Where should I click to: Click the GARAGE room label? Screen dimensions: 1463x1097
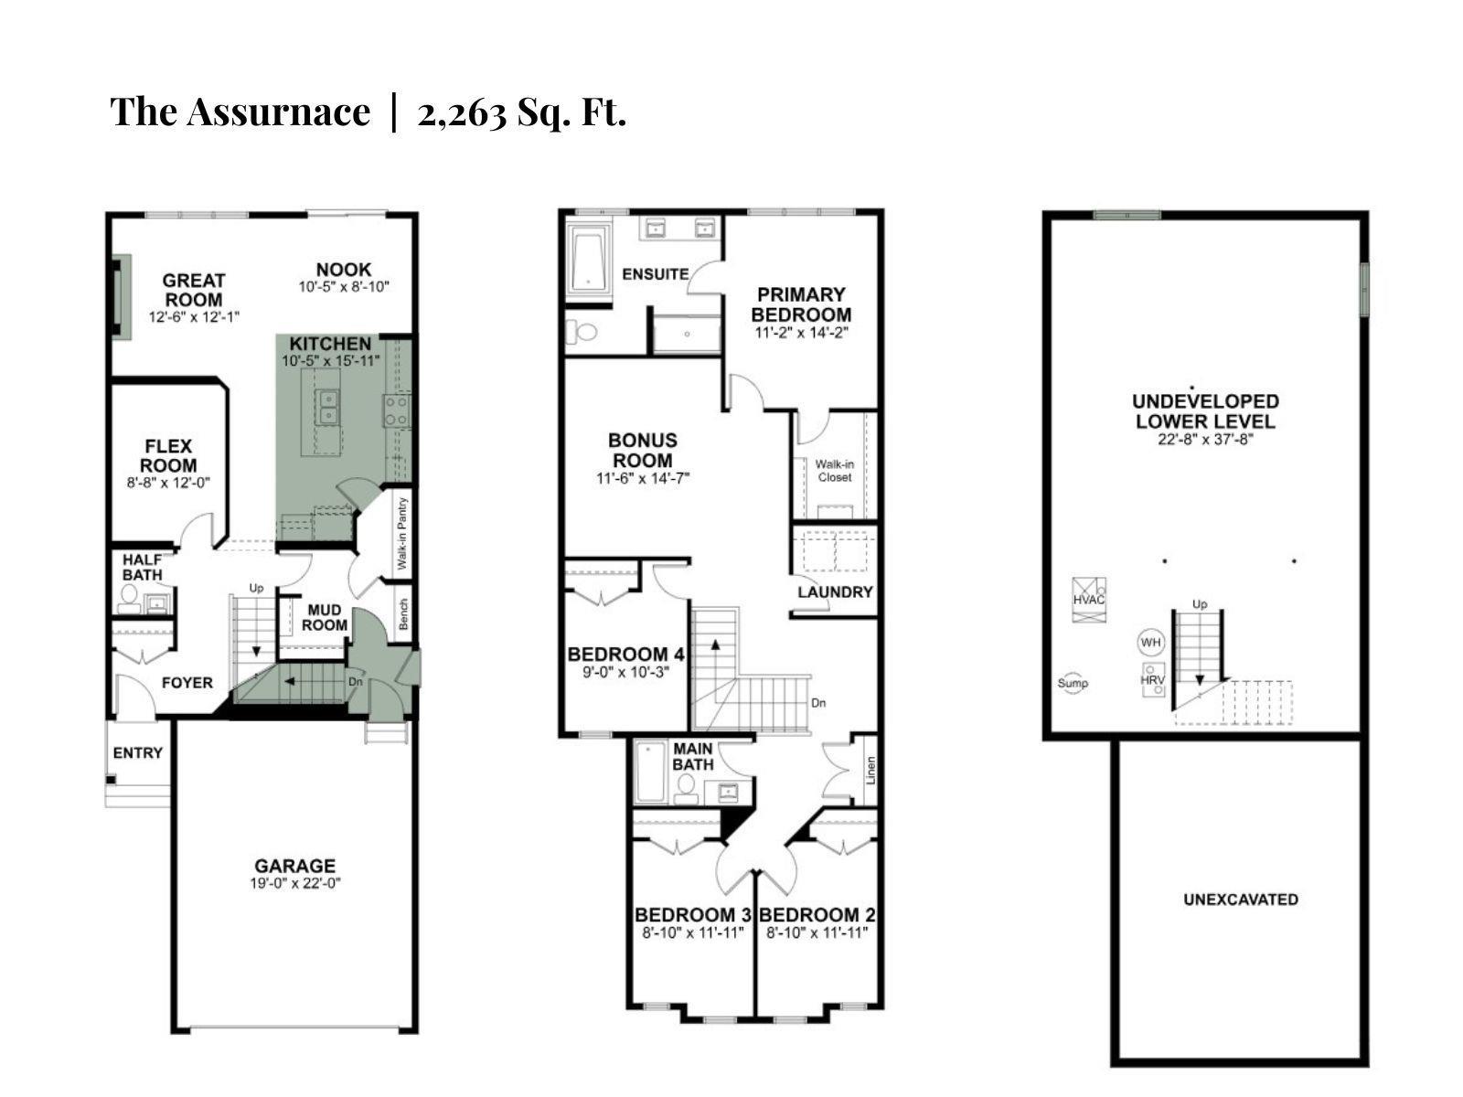tap(294, 866)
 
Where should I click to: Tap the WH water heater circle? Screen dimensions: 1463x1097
tap(1150, 643)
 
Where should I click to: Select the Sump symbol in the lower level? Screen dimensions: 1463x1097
tap(1073, 683)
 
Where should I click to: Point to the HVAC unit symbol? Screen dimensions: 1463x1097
tap(1088, 600)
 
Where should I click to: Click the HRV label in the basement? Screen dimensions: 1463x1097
tap(1152, 680)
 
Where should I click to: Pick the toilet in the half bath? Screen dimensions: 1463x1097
tap(128, 599)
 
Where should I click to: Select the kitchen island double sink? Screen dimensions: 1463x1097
tap(328, 406)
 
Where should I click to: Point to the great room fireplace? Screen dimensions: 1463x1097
tap(121, 297)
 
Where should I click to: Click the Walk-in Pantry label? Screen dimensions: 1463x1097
tap(402, 533)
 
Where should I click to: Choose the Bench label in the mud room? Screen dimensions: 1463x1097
tap(403, 613)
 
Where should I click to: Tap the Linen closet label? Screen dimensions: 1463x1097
tap(870, 771)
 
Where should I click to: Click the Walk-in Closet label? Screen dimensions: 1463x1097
tap(835, 470)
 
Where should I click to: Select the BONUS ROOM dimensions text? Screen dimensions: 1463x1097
tap(643, 477)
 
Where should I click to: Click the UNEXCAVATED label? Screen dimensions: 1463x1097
tap(1241, 900)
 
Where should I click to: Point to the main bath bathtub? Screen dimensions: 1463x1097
tap(650, 772)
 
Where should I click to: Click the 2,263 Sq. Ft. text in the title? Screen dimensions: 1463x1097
tap(522, 112)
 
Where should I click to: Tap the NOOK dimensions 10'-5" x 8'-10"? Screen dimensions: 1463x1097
tap(344, 286)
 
